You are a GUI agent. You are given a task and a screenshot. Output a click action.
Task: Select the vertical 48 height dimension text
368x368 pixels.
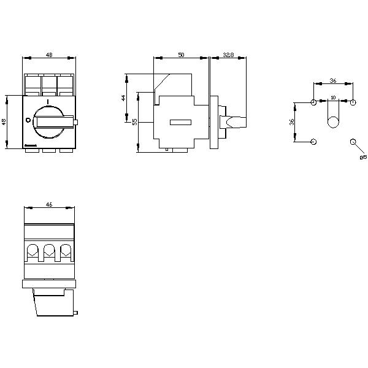(4, 121)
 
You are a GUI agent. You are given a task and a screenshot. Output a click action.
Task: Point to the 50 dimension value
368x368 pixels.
(181, 55)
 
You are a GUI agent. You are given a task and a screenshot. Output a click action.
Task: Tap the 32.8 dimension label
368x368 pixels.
(228, 55)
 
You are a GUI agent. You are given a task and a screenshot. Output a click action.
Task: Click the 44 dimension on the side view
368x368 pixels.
(123, 98)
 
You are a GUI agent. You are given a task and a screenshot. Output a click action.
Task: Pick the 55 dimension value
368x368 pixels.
(135, 121)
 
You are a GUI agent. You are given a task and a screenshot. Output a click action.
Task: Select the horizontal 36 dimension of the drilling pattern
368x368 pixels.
(333, 80)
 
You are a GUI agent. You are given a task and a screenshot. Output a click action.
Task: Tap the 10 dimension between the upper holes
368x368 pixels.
(333, 98)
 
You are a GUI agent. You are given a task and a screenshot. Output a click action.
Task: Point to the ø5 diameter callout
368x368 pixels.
(362, 158)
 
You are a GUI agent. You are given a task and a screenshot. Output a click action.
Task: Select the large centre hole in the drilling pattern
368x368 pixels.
(333, 122)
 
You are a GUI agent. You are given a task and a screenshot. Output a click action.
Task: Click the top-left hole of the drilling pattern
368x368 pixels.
(314, 102)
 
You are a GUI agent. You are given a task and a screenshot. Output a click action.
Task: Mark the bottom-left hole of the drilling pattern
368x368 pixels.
(314, 142)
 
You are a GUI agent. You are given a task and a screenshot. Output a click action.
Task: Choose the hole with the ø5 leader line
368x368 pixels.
(353, 142)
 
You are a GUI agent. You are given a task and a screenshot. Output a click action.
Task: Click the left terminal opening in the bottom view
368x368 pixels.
(32, 250)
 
